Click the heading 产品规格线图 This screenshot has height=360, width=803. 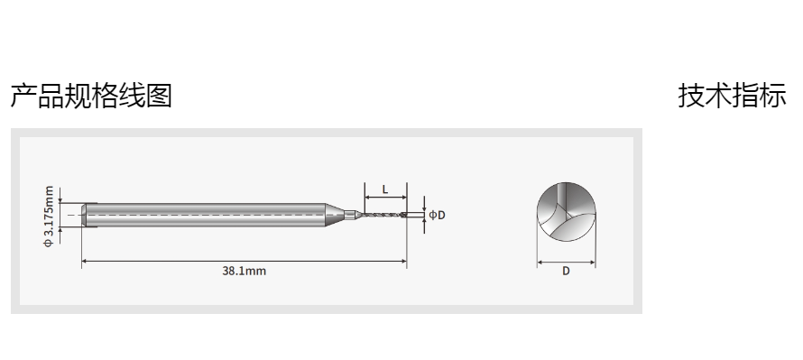click(91, 96)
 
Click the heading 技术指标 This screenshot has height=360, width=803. click(732, 96)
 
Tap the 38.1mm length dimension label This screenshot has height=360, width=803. click(245, 271)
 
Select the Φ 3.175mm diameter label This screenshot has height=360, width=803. click(49, 217)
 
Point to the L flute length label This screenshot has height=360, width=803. click(385, 189)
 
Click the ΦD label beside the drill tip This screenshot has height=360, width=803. click(437, 215)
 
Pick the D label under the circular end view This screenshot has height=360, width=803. click(566, 271)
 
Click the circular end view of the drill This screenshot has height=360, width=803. click(567, 212)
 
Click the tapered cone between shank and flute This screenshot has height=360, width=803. click(335, 215)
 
